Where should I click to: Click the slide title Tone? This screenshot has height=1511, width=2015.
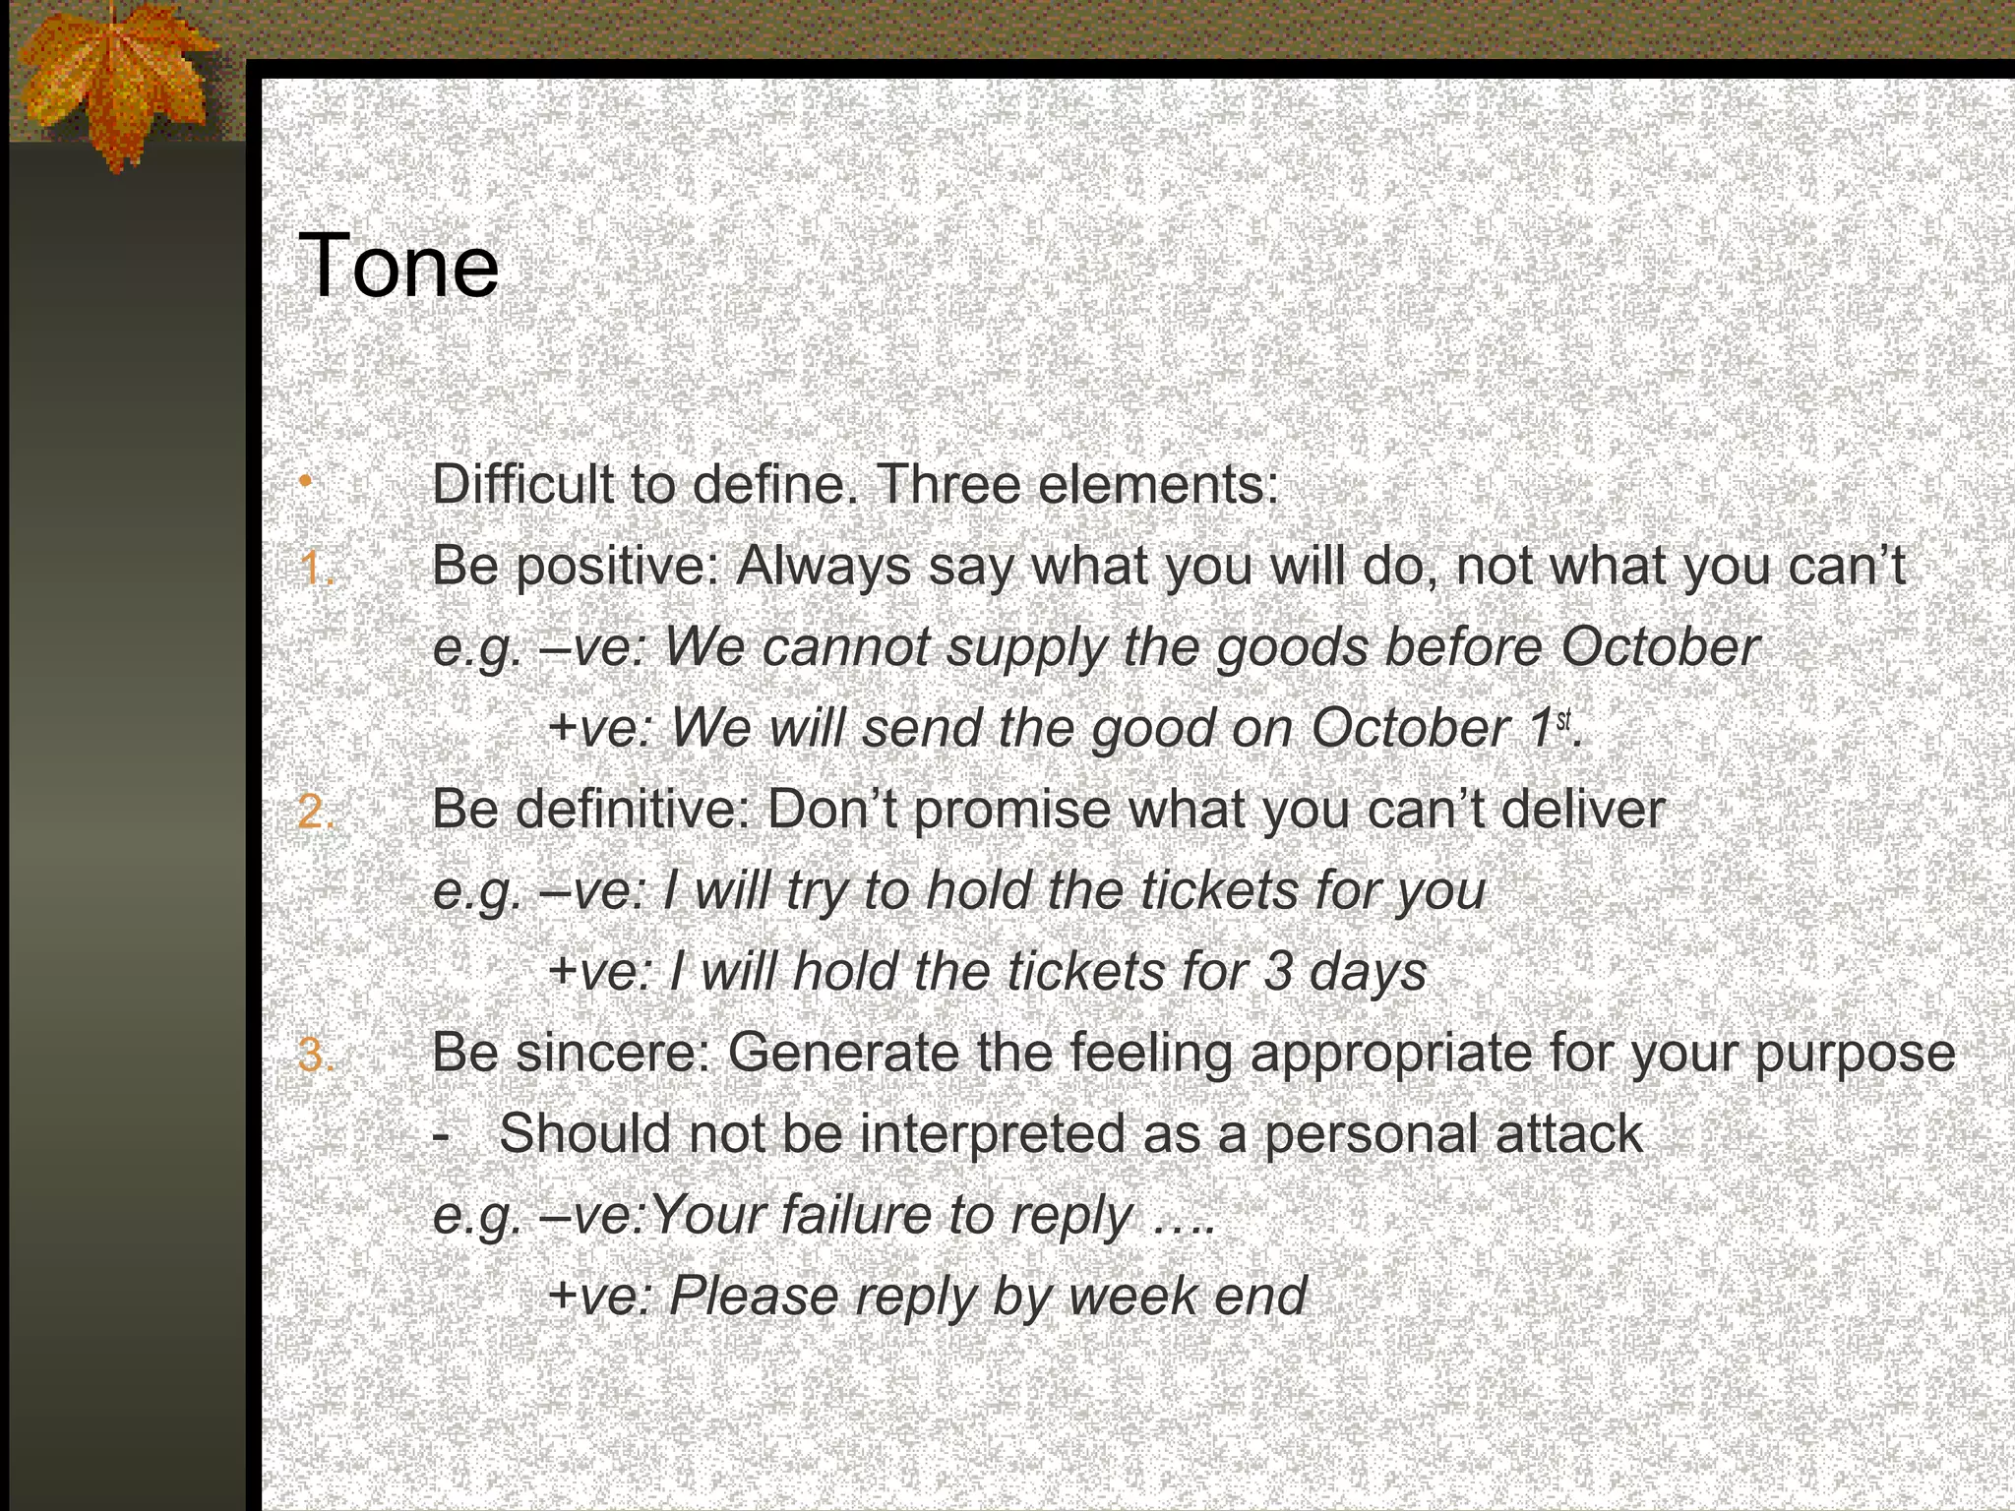pos(397,266)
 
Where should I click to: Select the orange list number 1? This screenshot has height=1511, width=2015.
pos(316,569)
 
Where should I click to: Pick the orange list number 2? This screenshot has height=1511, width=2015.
pos(316,812)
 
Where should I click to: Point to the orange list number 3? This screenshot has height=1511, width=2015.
pos(316,1055)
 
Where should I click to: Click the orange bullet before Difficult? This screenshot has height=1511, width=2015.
pos(306,481)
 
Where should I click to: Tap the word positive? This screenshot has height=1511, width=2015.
pos(617,567)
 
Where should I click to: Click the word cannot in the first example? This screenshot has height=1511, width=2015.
pos(845,647)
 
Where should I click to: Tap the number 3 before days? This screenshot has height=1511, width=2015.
pos(1278,972)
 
